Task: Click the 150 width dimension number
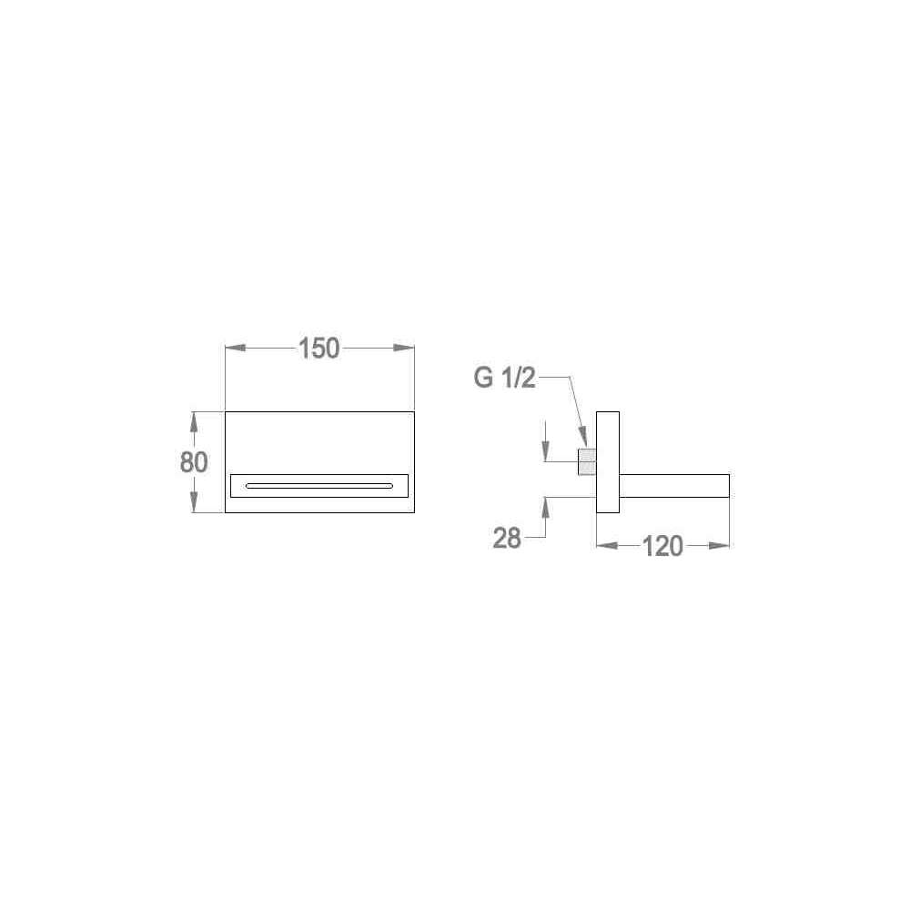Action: (318, 349)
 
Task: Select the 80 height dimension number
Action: (194, 462)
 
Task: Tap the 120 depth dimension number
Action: (662, 546)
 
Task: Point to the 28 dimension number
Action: (507, 538)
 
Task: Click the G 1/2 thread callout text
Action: (505, 378)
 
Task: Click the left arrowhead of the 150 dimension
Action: (236, 349)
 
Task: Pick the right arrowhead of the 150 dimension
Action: (404, 349)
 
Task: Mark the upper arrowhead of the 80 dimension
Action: (195, 422)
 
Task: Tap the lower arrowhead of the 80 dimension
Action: (195, 502)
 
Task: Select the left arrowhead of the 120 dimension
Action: (607, 545)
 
